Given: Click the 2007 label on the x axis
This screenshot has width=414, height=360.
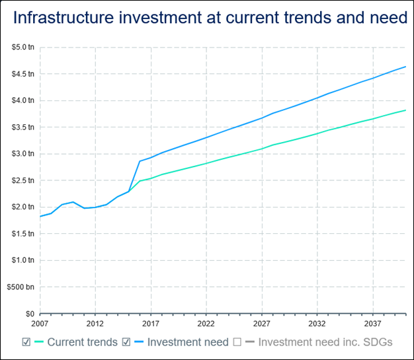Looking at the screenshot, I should (x=40, y=324).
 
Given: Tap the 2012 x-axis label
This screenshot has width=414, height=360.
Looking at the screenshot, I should (x=95, y=324).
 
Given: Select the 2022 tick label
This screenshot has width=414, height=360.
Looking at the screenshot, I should (x=206, y=324).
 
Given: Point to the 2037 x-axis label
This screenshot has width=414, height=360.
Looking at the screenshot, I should (x=373, y=324).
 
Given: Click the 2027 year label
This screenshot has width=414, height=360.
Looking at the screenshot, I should (x=262, y=324).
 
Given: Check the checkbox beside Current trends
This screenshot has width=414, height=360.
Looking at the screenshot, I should (x=26, y=342).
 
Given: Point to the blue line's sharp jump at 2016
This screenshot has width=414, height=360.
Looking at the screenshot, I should (x=140, y=161).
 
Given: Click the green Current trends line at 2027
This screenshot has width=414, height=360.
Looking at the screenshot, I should (x=262, y=149).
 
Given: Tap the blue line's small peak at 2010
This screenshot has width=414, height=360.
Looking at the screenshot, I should (x=73, y=202).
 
